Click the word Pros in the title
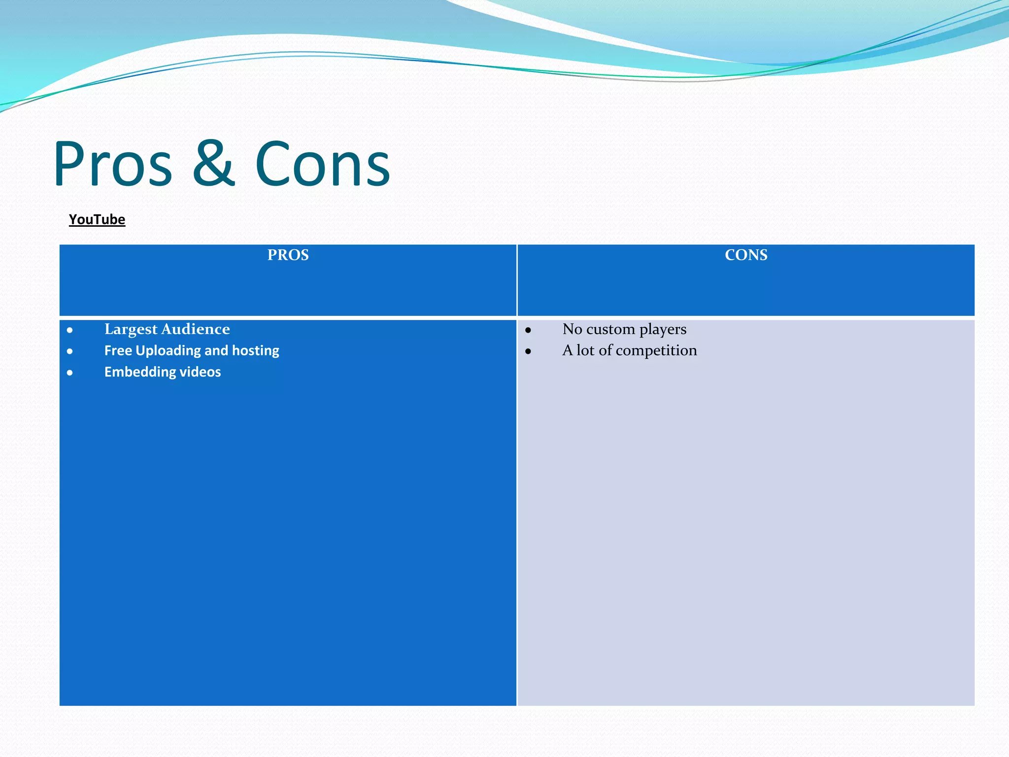pyautogui.click(x=113, y=164)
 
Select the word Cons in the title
pyautogui.click(x=323, y=164)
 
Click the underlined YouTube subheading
pyautogui.click(x=97, y=219)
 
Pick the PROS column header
pyautogui.click(x=288, y=255)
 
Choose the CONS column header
pyautogui.click(x=746, y=255)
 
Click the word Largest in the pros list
pyautogui.click(x=131, y=329)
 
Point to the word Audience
pyautogui.click(x=196, y=329)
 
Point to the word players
pyautogui.click(x=663, y=329)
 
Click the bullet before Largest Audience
pyautogui.click(x=70, y=330)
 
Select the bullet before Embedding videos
pyautogui.click(x=70, y=373)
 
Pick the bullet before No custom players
pyautogui.click(x=528, y=330)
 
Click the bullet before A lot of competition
pyautogui.click(x=528, y=351)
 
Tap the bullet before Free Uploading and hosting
pyautogui.click(x=70, y=351)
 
